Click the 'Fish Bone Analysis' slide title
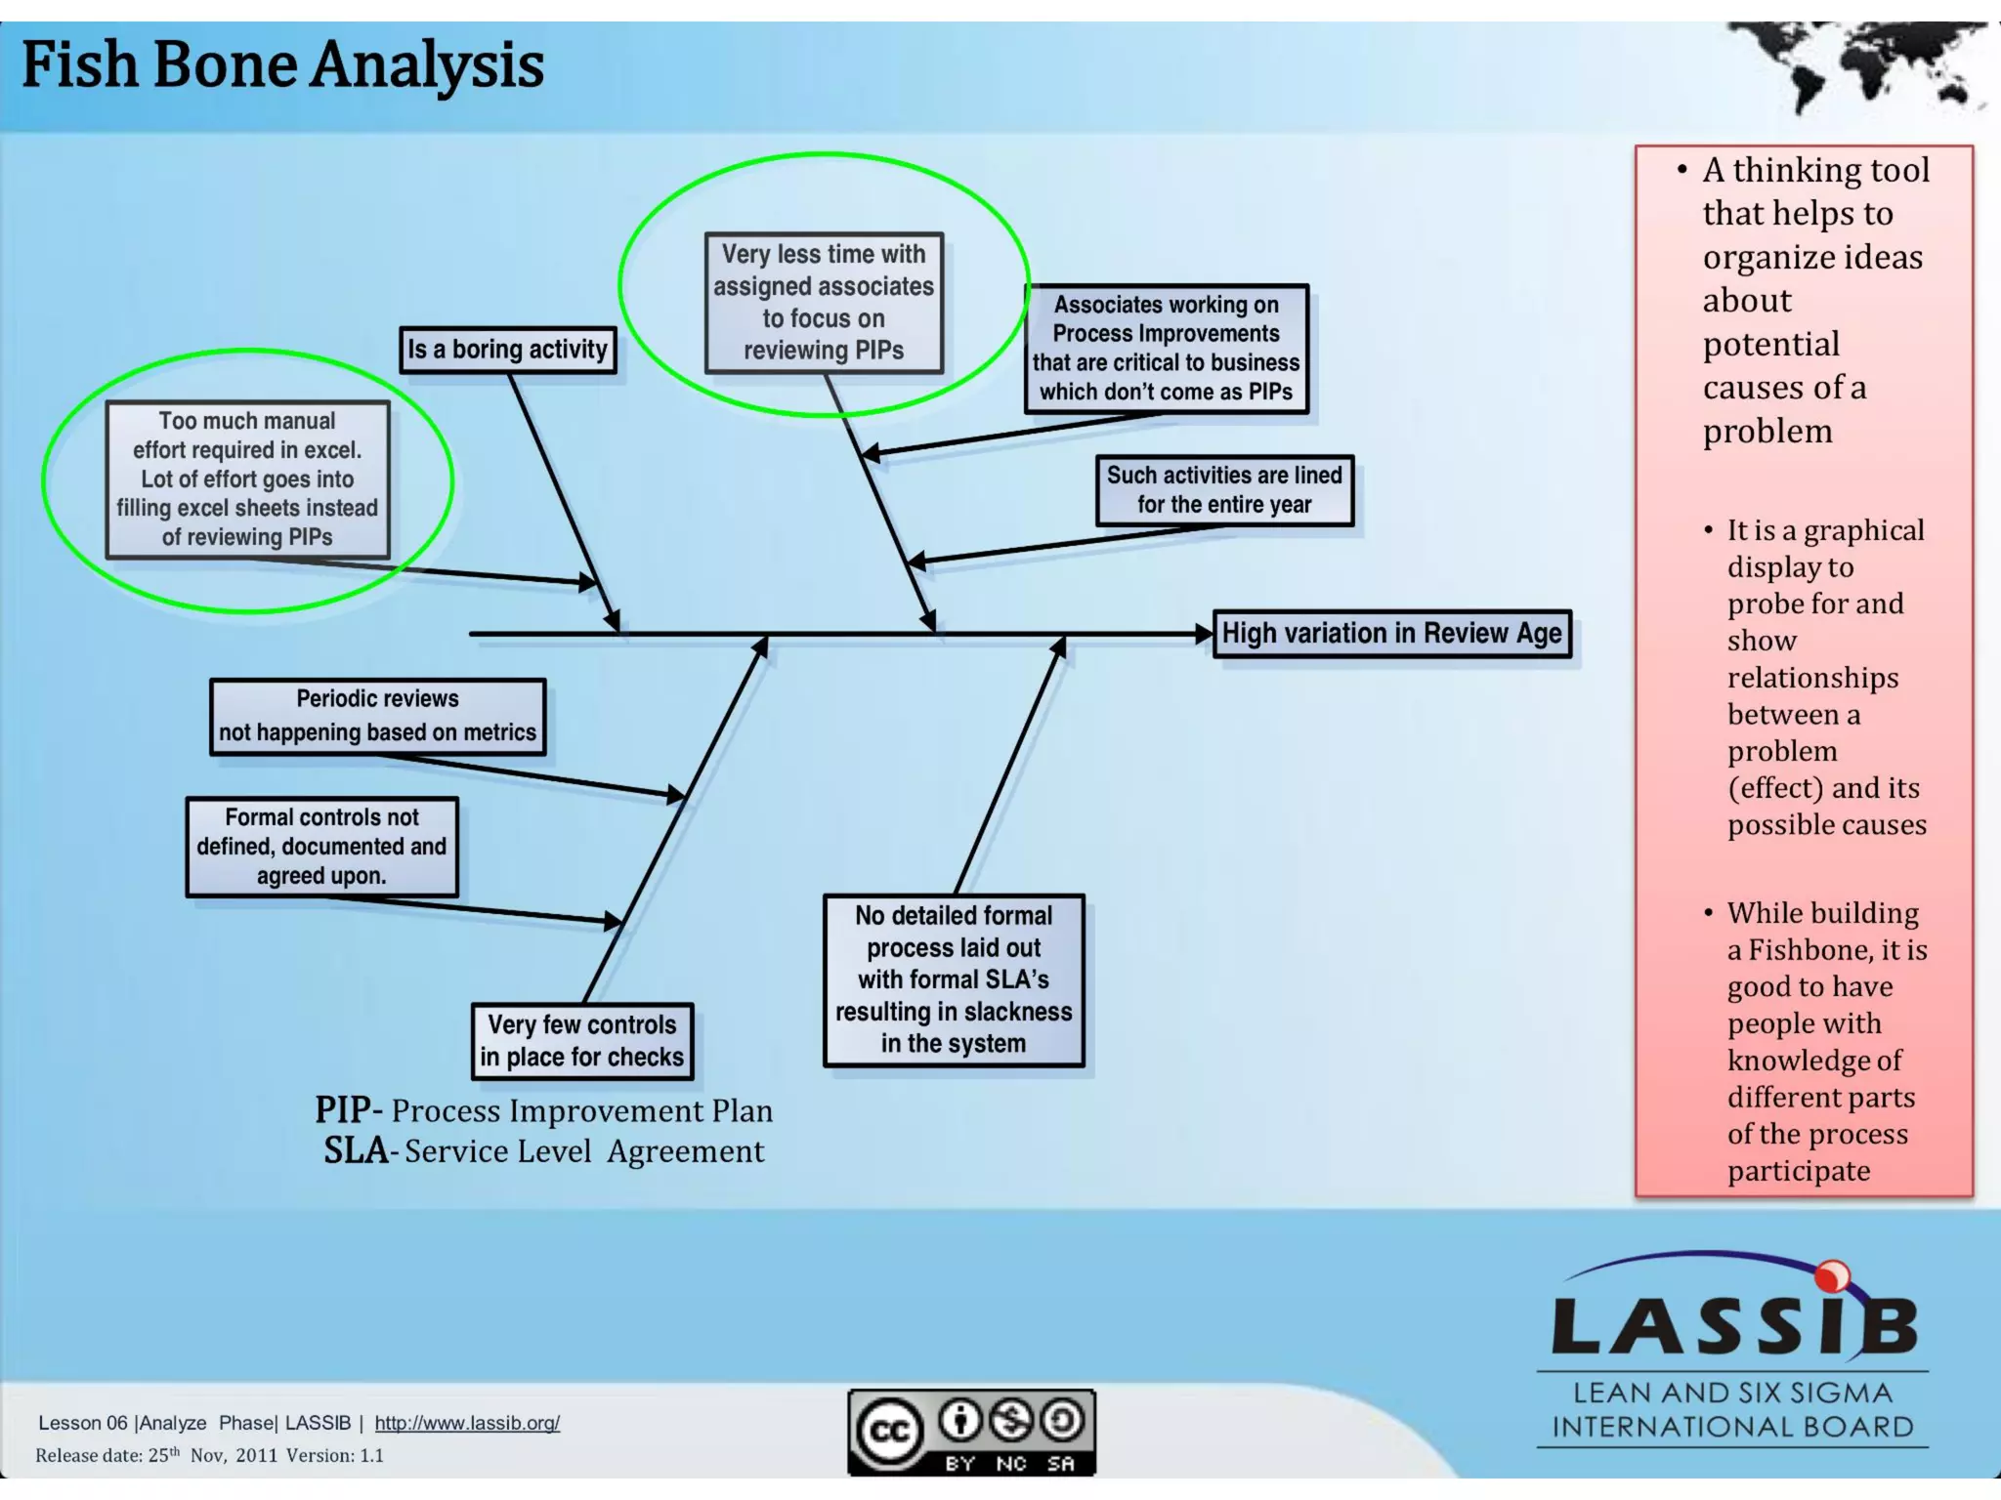282,64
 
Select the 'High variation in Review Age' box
1391,634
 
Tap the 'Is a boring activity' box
507,350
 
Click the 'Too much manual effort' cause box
247,479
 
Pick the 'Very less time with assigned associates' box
824,303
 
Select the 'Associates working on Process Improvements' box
1166,349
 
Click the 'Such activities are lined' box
1224,490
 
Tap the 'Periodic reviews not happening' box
377,716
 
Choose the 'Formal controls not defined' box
321,847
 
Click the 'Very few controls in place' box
582,1041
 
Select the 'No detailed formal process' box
954,979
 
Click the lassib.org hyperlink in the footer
467,1423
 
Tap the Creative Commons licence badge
971,1432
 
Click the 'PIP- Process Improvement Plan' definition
543,1110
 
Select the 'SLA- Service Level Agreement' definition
543,1151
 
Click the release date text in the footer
209,1455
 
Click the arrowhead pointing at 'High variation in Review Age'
1204,634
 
